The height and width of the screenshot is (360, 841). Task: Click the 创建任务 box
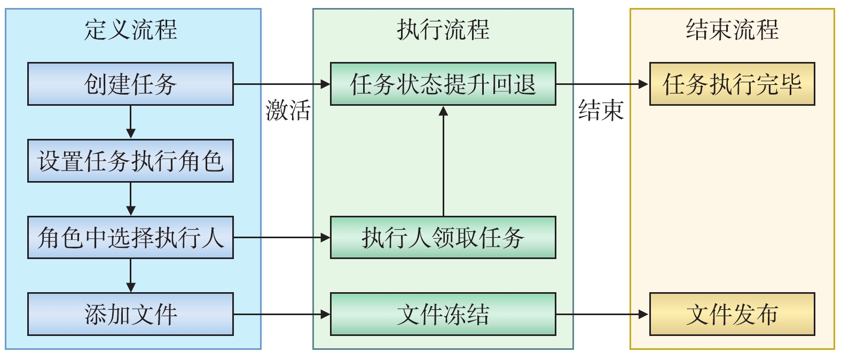click(130, 84)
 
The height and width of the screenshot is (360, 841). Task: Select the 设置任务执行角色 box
click(130, 161)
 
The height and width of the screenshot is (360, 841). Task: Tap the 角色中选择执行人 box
click(130, 238)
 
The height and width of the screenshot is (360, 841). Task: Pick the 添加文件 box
click(130, 314)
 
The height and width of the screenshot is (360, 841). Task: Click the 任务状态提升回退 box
click(443, 84)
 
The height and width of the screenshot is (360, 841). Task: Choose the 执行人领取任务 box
click(443, 238)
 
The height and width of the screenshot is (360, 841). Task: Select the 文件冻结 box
click(443, 314)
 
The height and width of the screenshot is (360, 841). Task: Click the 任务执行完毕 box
click(732, 84)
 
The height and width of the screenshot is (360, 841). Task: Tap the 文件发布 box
click(732, 314)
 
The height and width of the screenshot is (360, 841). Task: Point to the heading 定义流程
click(130, 29)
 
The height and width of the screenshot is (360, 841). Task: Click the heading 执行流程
click(443, 29)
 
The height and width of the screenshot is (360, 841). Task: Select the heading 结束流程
click(732, 29)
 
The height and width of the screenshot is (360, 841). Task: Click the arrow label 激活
click(288, 111)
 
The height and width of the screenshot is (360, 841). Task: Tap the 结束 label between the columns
click(601, 111)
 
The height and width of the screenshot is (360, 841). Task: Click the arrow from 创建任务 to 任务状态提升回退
click(281, 84)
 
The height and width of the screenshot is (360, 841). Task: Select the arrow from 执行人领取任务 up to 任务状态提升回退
click(443, 160)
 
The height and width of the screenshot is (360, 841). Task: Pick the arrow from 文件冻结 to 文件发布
click(602, 314)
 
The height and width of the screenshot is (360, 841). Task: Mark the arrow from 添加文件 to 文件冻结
click(281, 314)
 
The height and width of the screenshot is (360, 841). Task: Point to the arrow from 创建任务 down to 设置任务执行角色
click(131, 122)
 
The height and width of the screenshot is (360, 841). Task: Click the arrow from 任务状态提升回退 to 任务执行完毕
click(602, 84)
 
